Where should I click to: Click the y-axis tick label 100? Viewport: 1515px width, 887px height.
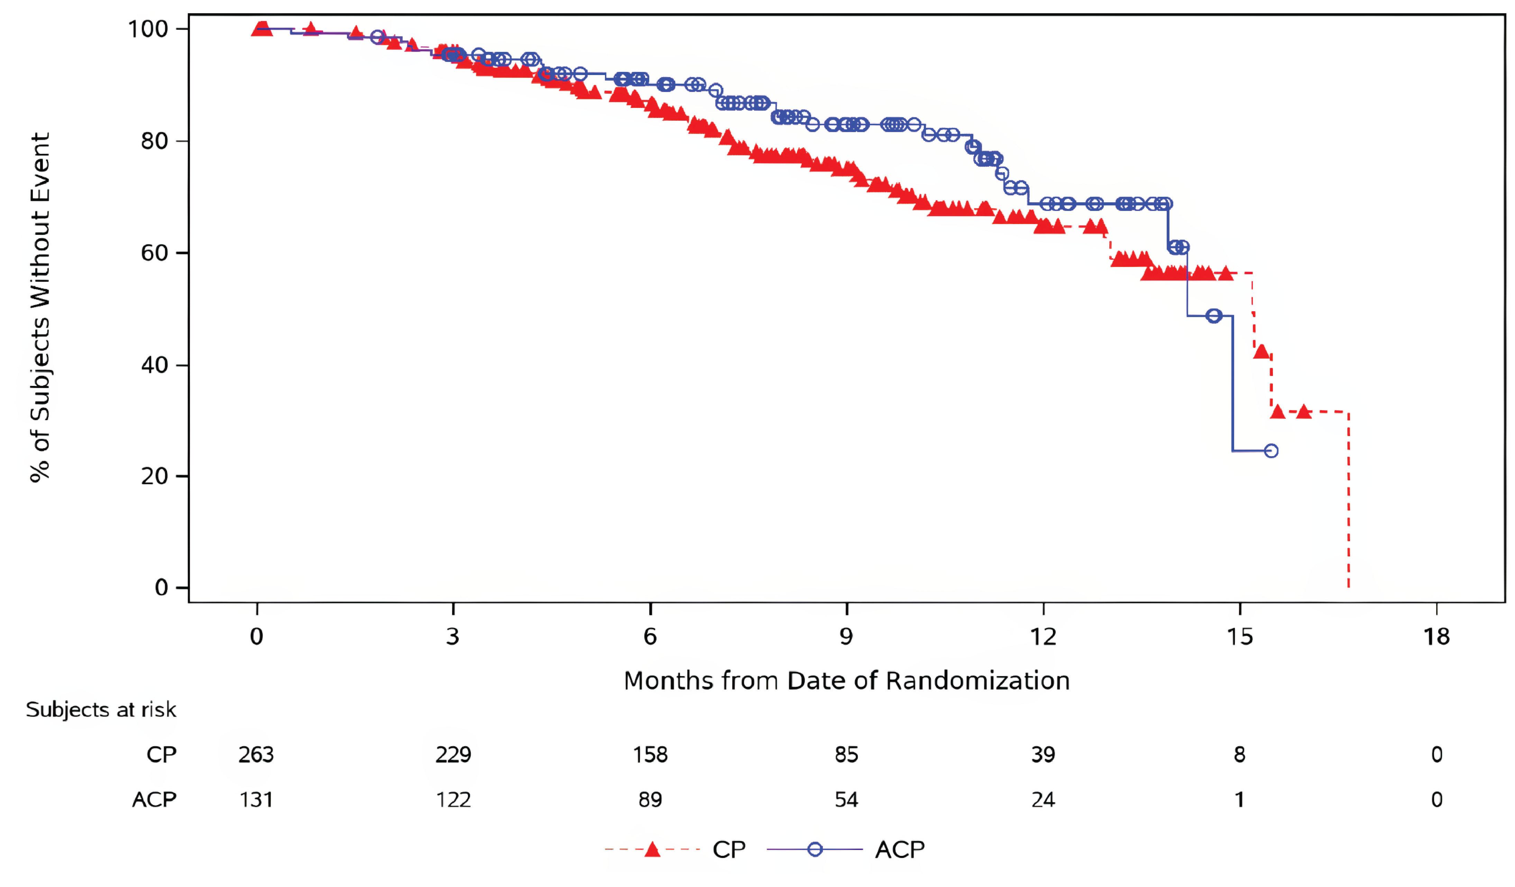pyautogui.click(x=147, y=29)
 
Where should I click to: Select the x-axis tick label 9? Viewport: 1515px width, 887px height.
pyautogui.click(x=846, y=636)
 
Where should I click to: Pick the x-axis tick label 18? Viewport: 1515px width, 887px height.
pyautogui.click(x=1436, y=636)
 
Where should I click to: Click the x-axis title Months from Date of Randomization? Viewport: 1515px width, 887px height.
pyautogui.click(x=846, y=681)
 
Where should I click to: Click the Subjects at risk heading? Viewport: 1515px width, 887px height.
pyautogui.click(x=101, y=710)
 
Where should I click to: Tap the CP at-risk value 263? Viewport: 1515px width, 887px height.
pyautogui.click(x=256, y=755)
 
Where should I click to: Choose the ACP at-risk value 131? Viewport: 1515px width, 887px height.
pyautogui.click(x=256, y=800)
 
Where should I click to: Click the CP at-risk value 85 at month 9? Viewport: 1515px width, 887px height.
pyautogui.click(x=846, y=755)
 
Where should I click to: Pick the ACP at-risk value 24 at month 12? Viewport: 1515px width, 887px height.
pyautogui.click(x=1043, y=800)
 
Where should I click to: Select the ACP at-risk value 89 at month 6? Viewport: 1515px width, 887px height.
pyautogui.click(x=650, y=800)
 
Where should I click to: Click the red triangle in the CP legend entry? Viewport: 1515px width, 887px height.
pyautogui.click(x=652, y=850)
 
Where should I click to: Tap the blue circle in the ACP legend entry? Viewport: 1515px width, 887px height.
pyautogui.click(x=815, y=850)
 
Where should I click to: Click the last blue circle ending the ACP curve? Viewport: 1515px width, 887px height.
pyautogui.click(x=1271, y=451)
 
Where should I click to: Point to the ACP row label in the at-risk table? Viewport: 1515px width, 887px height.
pyautogui.click(x=155, y=800)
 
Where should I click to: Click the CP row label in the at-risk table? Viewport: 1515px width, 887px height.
pyautogui.click(x=161, y=755)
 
